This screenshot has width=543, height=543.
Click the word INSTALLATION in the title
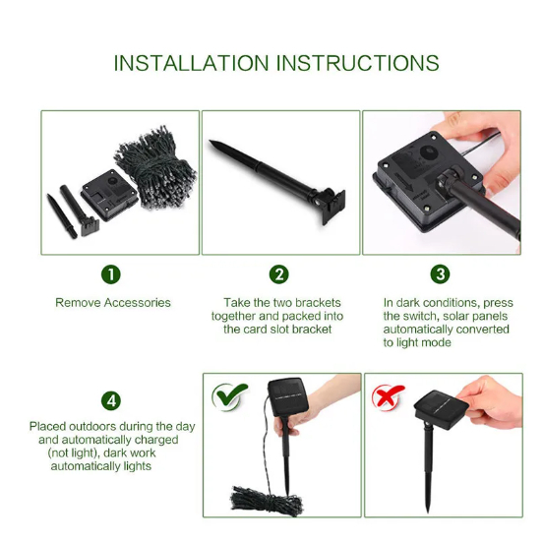(x=191, y=63)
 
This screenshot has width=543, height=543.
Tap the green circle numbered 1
(x=111, y=274)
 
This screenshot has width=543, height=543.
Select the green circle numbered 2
(x=279, y=274)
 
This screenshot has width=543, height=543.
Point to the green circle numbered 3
(x=440, y=274)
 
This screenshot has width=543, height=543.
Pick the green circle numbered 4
(x=111, y=401)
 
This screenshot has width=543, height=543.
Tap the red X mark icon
(x=388, y=396)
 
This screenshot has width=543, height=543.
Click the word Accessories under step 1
(x=137, y=303)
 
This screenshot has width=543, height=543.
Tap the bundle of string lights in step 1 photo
(x=155, y=168)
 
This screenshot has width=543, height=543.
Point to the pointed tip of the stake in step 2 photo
(x=211, y=142)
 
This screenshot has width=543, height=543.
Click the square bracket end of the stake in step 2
(x=332, y=206)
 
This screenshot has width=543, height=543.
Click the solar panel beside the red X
(x=441, y=409)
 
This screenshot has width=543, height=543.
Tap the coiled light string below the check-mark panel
(x=266, y=501)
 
